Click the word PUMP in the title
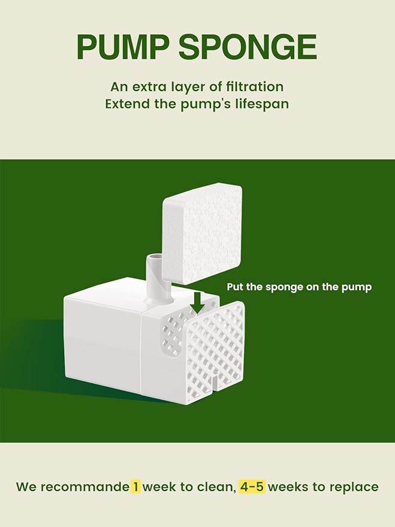coord(123,47)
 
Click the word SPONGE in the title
coord(248,47)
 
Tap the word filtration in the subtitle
coord(255,87)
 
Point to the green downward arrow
coord(199,303)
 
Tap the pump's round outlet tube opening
coord(155,258)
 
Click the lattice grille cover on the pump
coord(215,351)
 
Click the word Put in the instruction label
coord(235,287)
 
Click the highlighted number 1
coord(135,486)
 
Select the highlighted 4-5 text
coord(252,486)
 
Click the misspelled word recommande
coord(85,487)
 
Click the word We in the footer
coord(27,487)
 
